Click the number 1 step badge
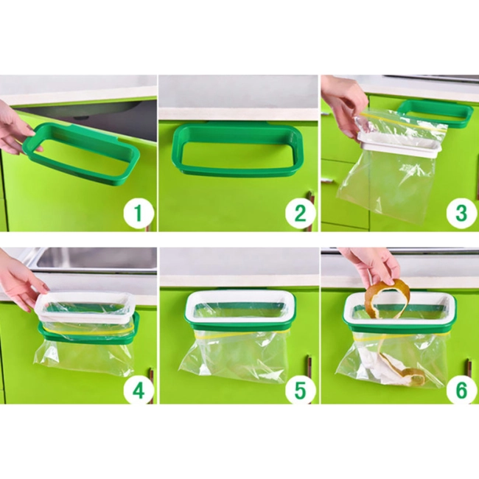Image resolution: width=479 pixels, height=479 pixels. click(x=139, y=212)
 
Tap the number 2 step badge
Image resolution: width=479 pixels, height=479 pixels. click(x=301, y=212)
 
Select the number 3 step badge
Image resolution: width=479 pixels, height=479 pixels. click(x=461, y=212)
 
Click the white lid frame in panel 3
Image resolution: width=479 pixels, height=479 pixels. click(x=399, y=144)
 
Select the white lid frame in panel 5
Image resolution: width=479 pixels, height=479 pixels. click(x=240, y=307)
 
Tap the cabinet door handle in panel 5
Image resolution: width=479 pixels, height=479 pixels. click(x=310, y=366)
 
